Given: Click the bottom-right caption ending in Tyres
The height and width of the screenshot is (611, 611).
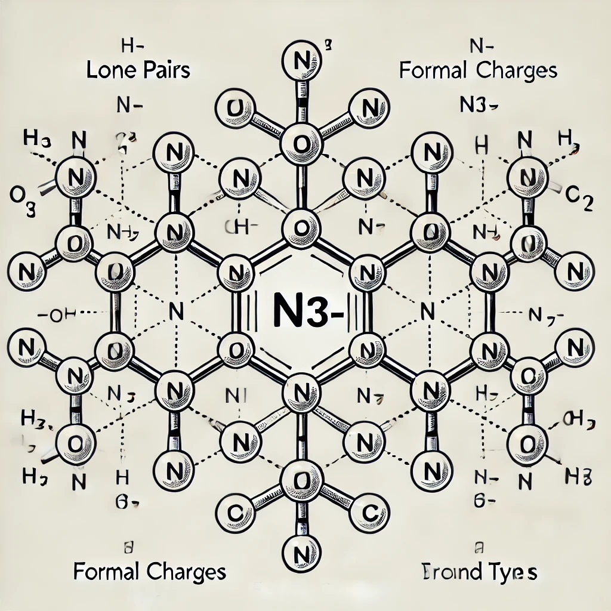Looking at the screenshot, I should click(476, 572).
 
